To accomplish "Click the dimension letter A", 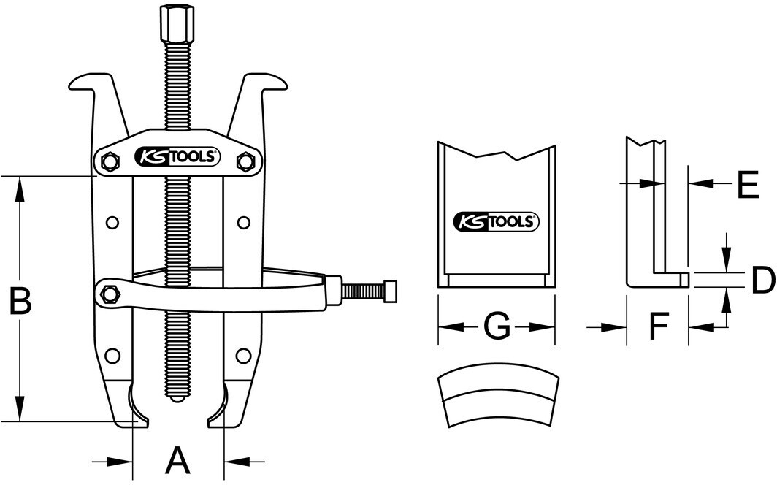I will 177,461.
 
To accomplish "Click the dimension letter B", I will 19,302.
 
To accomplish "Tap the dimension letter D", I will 762,280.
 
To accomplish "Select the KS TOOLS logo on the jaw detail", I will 497,221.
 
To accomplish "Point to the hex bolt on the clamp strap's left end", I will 110,294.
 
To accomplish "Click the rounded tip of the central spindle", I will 175,398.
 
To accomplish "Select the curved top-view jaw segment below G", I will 498,400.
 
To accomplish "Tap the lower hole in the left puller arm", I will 111,356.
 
